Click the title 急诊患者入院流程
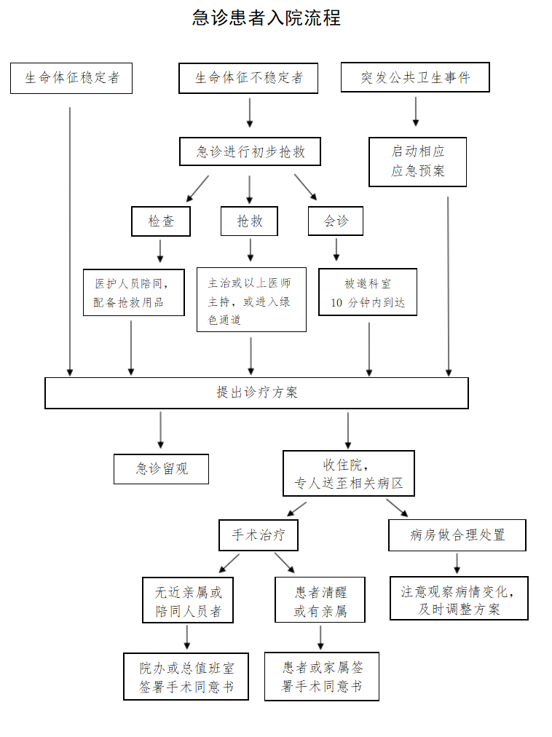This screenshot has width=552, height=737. tap(267, 17)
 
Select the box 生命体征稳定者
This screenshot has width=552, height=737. tap(71, 78)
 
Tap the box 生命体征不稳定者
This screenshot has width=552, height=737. tap(248, 78)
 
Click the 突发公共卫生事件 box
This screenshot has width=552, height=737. tap(415, 77)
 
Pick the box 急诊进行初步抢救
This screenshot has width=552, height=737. tap(250, 152)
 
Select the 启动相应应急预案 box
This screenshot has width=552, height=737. tap(417, 162)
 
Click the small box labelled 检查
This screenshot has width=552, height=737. tap(161, 221)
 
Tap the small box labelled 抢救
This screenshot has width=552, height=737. tap(249, 221)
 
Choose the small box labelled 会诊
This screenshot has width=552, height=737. tap(335, 221)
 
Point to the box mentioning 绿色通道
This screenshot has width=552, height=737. tap(251, 300)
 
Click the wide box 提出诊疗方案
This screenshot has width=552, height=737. tap(256, 393)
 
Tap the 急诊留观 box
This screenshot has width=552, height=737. tap(161, 469)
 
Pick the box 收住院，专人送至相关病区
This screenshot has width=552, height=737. tap(348, 473)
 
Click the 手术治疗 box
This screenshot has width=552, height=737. tap(259, 535)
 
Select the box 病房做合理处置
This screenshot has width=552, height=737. tap(457, 535)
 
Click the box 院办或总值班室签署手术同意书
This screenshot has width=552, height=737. tap(186, 676)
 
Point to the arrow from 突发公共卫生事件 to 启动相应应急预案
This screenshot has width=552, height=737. tap(416, 111)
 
